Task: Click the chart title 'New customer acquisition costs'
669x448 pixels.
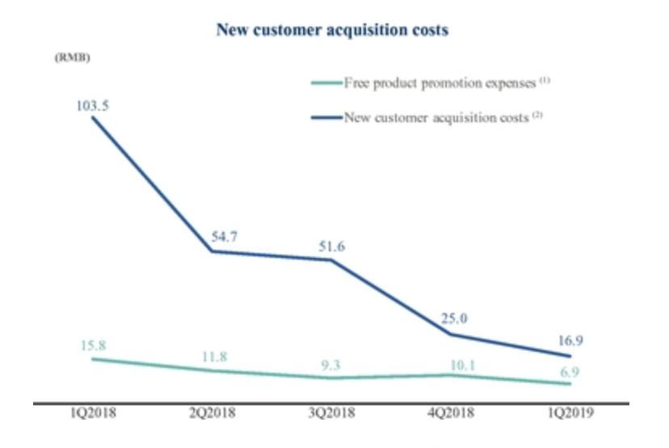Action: point(332,31)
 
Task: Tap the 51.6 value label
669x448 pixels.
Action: point(330,246)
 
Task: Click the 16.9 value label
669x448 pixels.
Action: point(571,340)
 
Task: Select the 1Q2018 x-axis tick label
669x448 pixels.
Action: point(93,413)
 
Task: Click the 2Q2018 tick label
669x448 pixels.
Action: point(212,413)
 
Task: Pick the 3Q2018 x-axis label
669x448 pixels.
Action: point(330,413)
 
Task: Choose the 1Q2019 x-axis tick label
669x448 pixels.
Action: point(570,413)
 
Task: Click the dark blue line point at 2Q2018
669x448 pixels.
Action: point(212,251)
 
